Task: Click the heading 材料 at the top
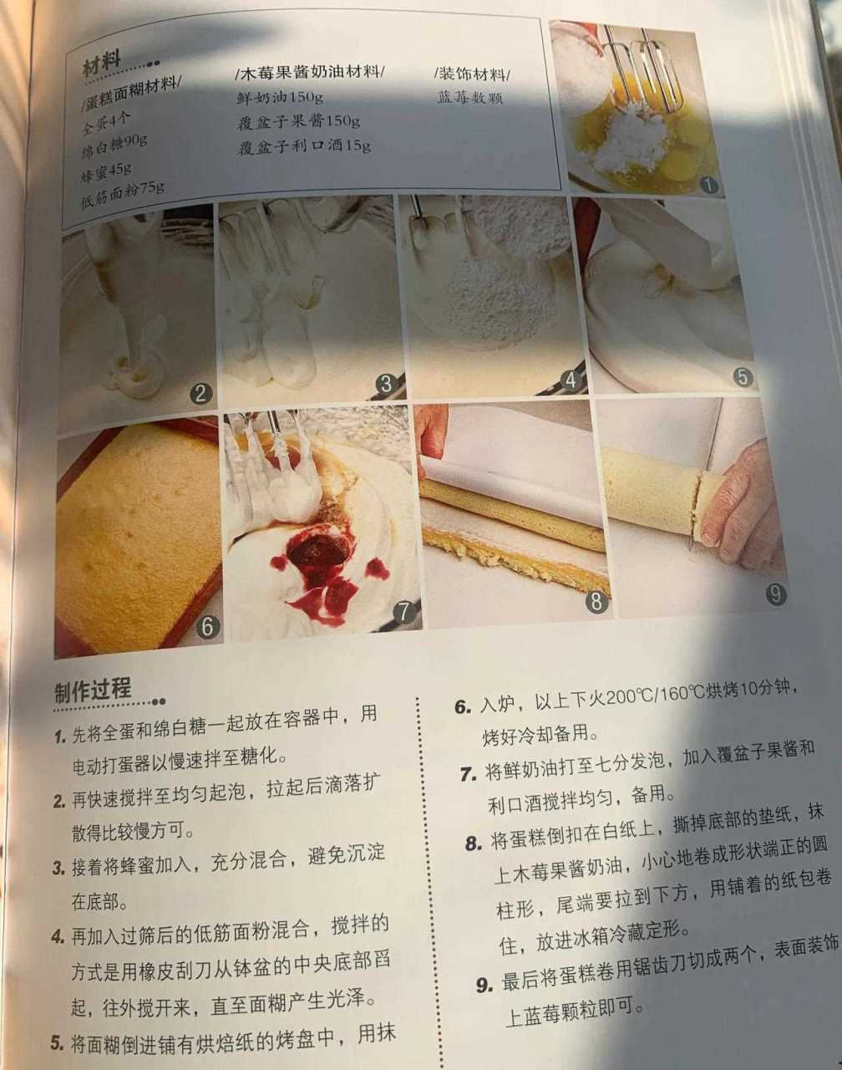102,63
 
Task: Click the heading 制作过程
93,690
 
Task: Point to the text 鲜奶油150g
280,97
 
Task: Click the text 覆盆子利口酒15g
304,146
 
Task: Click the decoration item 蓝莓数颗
470,97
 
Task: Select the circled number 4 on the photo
571,381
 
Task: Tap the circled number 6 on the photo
207,625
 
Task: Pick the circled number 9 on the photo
775,594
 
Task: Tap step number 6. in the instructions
464,706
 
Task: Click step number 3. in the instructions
58,868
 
